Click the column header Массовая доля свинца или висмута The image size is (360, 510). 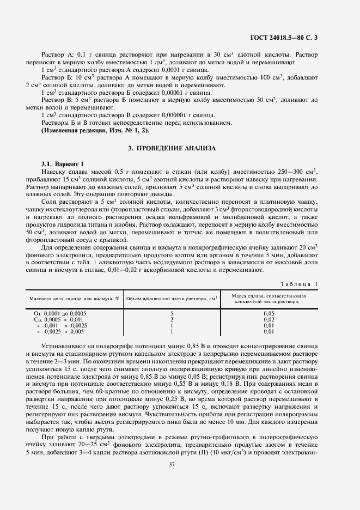click(74, 298)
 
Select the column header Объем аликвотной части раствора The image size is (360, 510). click(172, 298)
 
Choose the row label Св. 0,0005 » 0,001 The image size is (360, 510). click(59, 319)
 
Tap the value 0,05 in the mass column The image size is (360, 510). click(269, 314)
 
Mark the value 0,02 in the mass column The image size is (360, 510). click(269, 319)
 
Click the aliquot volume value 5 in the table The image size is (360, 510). click(172, 314)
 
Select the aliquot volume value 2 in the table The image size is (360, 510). click(172, 319)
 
